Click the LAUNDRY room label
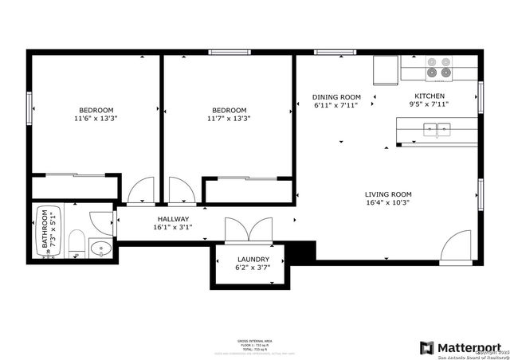(253, 260)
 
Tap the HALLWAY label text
(173, 219)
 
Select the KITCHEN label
(429, 95)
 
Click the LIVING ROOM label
(388, 194)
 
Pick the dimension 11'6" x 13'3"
(96, 119)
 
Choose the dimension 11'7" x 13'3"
(229, 119)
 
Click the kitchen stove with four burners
(438, 68)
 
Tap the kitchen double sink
(436, 127)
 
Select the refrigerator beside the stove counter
(385, 70)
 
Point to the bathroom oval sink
(100, 248)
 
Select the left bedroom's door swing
(140, 191)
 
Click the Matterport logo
(461, 347)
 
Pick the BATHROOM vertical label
(45, 232)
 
